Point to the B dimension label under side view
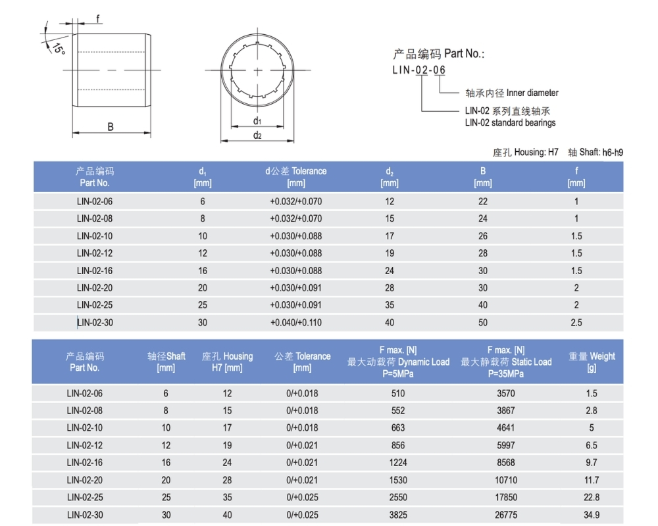click(x=111, y=126)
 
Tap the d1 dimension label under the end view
click(x=257, y=121)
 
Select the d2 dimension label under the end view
click(x=257, y=135)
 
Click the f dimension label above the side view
click(x=99, y=18)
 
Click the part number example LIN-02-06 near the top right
click(x=419, y=70)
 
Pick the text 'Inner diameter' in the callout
click(x=532, y=93)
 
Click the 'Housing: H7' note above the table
click(x=526, y=153)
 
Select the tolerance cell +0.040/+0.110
click(x=296, y=322)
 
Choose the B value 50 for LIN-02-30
click(x=483, y=322)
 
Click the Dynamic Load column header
click(x=398, y=362)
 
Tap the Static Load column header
click(x=506, y=362)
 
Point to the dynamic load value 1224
click(x=398, y=462)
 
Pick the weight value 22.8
click(x=592, y=498)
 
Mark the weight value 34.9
click(x=592, y=515)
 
